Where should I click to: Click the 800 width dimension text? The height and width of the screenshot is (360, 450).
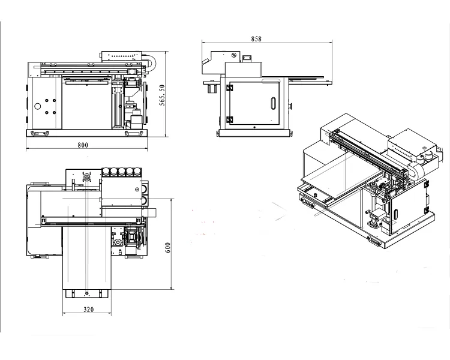pos(83,145)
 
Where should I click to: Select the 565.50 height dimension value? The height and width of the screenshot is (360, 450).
pos(163,95)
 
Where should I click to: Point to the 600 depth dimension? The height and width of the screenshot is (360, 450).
pos(169,246)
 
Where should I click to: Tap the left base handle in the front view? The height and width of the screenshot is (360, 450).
pos(40,133)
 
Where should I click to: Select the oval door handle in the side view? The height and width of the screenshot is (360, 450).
pos(274,103)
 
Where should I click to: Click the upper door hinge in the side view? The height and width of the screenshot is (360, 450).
pos(229,88)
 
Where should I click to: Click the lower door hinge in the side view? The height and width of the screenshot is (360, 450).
pos(229,119)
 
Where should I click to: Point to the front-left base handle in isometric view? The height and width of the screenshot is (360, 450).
pos(308,203)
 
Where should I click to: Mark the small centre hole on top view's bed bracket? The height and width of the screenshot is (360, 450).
pos(88,294)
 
